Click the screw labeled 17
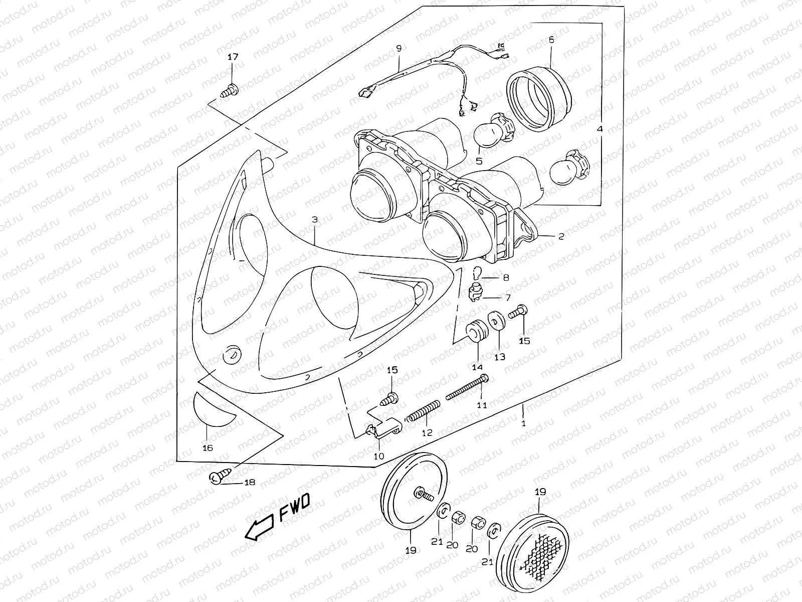tap(231, 91)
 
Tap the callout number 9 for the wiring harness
tap(399, 49)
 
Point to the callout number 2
tap(561, 236)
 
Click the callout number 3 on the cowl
tap(314, 220)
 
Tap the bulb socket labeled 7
tap(475, 292)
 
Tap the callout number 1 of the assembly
tap(523, 423)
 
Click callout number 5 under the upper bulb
tap(479, 161)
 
